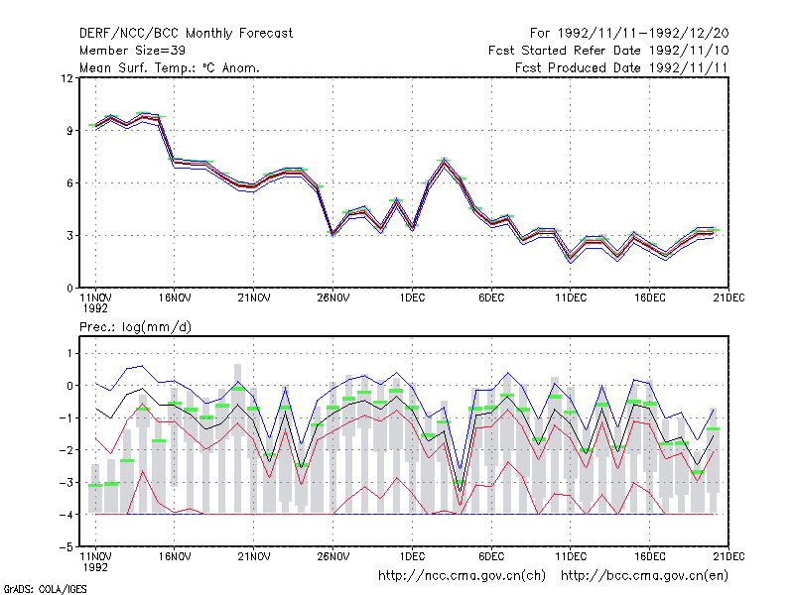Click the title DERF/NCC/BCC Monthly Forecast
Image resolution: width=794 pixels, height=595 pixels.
(x=186, y=34)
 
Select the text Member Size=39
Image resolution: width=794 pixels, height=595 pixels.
(x=132, y=51)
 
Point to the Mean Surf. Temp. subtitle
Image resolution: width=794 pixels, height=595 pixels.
(x=169, y=67)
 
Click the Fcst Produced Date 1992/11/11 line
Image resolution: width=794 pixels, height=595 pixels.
(x=621, y=67)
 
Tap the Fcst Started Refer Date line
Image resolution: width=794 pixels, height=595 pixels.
(x=608, y=51)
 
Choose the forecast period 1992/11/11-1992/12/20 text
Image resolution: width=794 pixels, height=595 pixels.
(x=629, y=34)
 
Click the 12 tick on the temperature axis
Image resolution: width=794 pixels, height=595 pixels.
(x=66, y=78)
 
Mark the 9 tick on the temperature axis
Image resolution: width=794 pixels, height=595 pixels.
(x=69, y=131)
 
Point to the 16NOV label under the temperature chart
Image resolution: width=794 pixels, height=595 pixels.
(x=175, y=298)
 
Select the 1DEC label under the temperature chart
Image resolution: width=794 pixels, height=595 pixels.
(x=412, y=298)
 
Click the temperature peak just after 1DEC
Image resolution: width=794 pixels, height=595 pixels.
(x=444, y=161)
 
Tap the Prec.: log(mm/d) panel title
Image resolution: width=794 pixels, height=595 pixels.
(x=135, y=327)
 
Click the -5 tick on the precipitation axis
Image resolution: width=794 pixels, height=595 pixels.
(x=66, y=547)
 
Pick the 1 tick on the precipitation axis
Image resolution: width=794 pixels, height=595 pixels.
(x=69, y=353)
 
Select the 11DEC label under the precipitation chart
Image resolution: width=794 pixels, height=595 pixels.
(x=571, y=556)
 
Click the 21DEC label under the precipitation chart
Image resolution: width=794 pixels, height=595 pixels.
(x=728, y=556)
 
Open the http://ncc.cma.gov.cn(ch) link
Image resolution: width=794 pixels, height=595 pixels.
(x=462, y=576)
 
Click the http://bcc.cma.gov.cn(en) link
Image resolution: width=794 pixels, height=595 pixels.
(x=644, y=576)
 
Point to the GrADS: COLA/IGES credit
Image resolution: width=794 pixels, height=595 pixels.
(x=45, y=589)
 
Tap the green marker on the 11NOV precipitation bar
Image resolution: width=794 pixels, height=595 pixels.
(x=95, y=485)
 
